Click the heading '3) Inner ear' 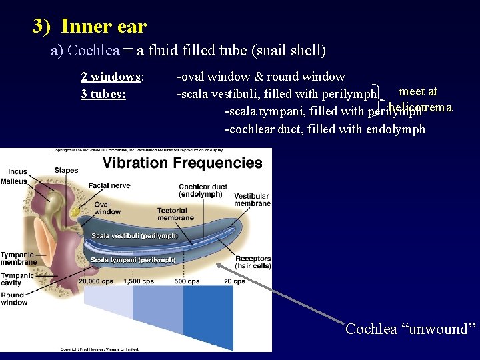(89, 27)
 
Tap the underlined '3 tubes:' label (103, 94)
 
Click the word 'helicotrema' (420, 107)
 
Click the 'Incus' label (17, 171)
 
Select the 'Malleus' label (13, 181)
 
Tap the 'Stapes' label (66, 171)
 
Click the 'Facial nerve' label (109, 185)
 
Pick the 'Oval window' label (107, 208)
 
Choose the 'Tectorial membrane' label (175, 214)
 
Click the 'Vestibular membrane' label (252, 199)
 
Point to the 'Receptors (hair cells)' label (253, 262)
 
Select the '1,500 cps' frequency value (139, 281)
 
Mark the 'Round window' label (13, 299)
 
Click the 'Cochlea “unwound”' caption (411, 329)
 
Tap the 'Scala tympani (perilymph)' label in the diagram (133, 260)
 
